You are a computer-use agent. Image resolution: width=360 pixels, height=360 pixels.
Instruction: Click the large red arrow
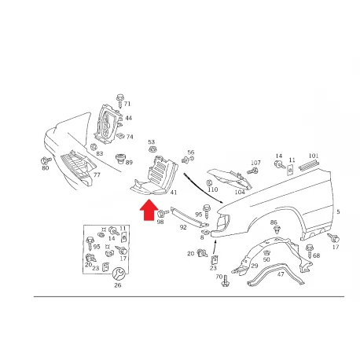click(x=149, y=210)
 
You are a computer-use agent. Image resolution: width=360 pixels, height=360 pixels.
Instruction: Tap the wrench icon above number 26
click(x=118, y=274)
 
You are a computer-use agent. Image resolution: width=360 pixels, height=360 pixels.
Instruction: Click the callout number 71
click(x=127, y=104)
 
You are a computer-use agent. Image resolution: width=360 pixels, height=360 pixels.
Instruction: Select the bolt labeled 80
click(x=46, y=160)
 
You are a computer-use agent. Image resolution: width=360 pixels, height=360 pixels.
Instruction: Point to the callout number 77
click(x=97, y=174)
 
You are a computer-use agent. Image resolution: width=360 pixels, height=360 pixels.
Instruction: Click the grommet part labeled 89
click(x=120, y=158)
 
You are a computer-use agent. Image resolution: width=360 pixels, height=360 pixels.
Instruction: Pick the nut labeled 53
click(x=152, y=150)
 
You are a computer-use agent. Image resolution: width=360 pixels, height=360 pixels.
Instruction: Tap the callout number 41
click(x=174, y=193)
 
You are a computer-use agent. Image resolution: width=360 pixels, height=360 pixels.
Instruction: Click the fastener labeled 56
click(x=188, y=160)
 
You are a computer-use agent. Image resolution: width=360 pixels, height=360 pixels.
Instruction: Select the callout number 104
click(x=240, y=192)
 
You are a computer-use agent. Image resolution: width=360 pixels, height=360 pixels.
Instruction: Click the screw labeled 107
click(x=252, y=171)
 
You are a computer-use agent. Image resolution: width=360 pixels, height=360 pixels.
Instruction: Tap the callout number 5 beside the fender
click(x=338, y=211)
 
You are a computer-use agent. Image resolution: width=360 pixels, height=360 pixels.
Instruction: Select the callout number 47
click(x=281, y=274)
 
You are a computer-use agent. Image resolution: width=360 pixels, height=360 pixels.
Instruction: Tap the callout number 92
click(x=183, y=227)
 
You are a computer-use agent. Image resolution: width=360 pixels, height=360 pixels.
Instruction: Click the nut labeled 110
click(x=209, y=182)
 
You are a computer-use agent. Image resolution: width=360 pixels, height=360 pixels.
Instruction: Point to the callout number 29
click(x=255, y=266)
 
